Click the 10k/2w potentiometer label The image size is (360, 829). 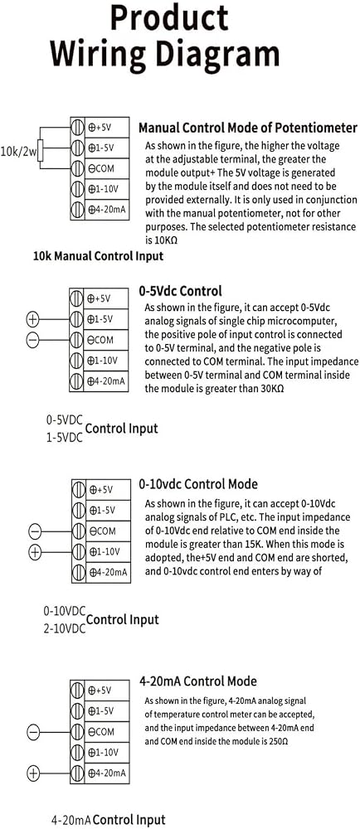click(18, 153)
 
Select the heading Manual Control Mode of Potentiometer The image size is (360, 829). click(248, 128)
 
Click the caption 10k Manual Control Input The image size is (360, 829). click(99, 256)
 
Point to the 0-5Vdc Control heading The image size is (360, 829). click(180, 291)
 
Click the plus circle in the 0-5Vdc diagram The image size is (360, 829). click(33, 319)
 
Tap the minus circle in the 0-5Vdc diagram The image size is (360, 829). click(33, 340)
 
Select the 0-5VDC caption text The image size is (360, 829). click(65, 420)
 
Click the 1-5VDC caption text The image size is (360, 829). click(65, 438)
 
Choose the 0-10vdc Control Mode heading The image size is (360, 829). click(198, 484)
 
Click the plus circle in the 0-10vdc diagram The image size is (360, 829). click(34, 552)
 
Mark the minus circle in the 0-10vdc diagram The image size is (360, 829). click(34, 531)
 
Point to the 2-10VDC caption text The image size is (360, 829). click(65, 628)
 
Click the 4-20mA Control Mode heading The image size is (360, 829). click(198, 681)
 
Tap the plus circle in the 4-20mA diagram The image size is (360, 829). click(33, 773)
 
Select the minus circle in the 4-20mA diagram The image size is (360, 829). click(33, 732)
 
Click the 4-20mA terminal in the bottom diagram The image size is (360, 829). click(100, 773)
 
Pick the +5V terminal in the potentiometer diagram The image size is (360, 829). click(100, 128)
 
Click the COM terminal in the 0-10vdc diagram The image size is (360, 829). click(101, 531)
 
